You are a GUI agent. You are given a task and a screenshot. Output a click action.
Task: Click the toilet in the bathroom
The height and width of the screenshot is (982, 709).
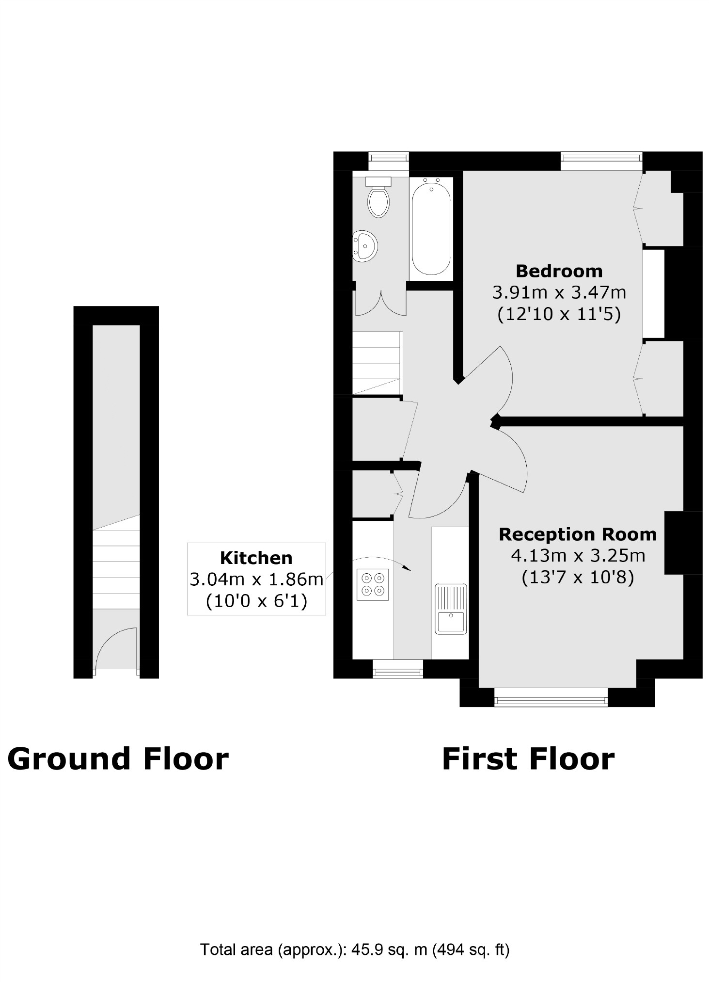point(378,198)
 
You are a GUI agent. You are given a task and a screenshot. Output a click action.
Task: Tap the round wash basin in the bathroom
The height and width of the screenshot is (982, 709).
point(364,246)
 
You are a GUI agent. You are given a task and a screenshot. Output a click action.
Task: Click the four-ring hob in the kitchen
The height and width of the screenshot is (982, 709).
point(372,584)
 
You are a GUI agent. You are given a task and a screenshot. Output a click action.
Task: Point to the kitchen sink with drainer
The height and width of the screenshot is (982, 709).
point(450,609)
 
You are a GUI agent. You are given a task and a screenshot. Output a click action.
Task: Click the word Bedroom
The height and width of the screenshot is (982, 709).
point(558,271)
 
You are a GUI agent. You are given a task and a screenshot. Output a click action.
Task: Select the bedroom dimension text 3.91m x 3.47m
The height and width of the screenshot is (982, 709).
point(559,292)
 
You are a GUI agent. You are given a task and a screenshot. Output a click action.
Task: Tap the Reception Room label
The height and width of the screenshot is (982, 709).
point(577,534)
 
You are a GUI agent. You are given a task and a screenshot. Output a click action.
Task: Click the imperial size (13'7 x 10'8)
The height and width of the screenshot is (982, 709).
point(577,577)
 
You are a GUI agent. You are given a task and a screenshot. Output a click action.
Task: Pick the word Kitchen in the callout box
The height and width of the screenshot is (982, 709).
point(256,558)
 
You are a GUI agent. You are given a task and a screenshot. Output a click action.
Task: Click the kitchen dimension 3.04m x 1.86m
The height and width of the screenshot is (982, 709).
point(256,579)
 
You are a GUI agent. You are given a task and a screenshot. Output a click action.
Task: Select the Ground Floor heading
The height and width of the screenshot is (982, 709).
point(118,759)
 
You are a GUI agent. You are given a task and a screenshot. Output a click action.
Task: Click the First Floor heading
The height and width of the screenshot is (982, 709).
point(528,759)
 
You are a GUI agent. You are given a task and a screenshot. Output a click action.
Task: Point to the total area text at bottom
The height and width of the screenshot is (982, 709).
point(354,949)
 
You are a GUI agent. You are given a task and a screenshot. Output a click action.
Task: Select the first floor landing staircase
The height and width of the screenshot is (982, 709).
point(377,363)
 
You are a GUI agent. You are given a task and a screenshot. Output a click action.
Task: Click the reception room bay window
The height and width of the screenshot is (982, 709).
point(550,701)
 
